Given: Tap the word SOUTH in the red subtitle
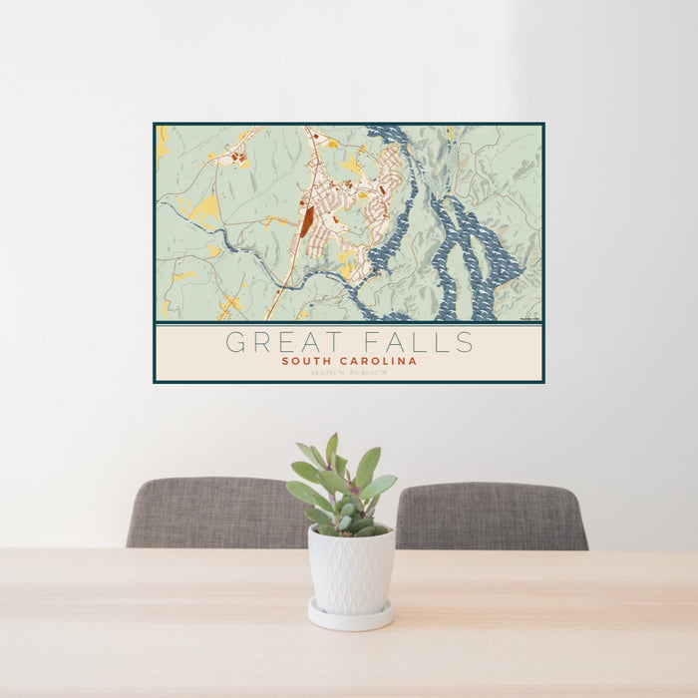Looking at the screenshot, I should (306, 361).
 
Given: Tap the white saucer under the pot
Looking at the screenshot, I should (350, 617).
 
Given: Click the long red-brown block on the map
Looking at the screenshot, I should (306, 222).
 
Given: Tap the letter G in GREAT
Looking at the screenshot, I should (235, 342).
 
